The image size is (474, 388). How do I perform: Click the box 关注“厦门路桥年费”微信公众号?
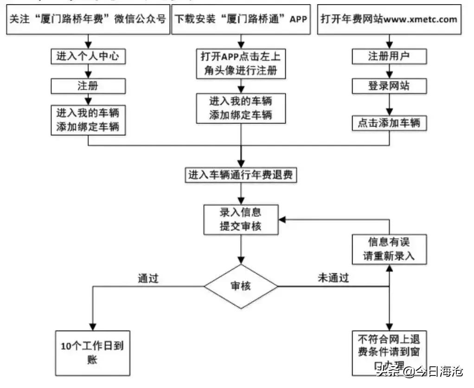(x=88, y=19)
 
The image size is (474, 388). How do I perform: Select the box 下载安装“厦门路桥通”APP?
(x=241, y=19)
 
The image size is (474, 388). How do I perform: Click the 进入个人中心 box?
(x=88, y=57)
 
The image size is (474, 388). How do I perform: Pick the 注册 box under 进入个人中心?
(x=88, y=86)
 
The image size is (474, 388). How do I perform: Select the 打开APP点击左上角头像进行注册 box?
(x=241, y=64)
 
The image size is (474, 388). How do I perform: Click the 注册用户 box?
(x=389, y=57)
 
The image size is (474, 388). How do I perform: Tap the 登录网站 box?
(x=389, y=86)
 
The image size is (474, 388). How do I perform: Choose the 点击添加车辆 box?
(x=389, y=123)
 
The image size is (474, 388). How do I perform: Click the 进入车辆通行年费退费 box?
(x=241, y=175)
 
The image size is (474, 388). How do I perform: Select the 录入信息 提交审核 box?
(x=241, y=219)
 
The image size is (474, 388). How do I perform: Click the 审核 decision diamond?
(x=241, y=286)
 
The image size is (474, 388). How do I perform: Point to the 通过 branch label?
(x=148, y=278)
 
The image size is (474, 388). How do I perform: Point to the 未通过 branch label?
(x=333, y=278)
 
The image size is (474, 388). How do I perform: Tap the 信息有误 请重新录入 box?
(x=389, y=249)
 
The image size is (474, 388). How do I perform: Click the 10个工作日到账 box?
(x=92, y=353)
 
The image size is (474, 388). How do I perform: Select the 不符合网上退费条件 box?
(x=389, y=352)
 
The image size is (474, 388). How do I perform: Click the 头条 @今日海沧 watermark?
(x=420, y=371)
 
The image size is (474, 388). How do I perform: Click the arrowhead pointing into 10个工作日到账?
(x=93, y=326)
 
